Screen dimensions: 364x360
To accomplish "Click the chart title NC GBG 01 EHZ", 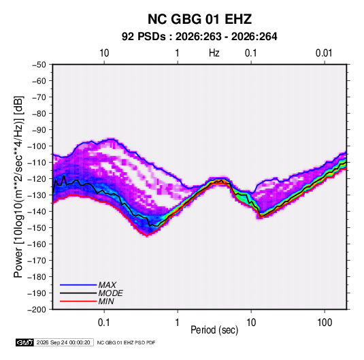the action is (x=199, y=19).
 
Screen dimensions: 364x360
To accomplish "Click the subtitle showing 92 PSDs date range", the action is (x=199, y=37).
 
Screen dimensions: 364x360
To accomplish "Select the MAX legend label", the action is (x=107, y=285).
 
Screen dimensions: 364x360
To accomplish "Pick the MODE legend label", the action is (x=110, y=293).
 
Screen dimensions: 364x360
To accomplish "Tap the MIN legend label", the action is (x=106, y=301).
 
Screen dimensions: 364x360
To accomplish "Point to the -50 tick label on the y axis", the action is (x=39, y=65).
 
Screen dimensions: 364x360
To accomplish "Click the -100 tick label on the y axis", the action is (x=37, y=146).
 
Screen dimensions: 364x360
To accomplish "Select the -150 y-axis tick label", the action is (x=37, y=228).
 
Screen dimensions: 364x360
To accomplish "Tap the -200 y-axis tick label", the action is (x=37, y=310).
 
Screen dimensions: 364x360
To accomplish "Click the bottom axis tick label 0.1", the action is (x=104, y=323).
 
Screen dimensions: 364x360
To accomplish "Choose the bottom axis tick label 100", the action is (x=325, y=323).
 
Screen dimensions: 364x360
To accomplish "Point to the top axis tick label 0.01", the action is (x=324, y=53).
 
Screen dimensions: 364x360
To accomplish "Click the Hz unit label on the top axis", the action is (x=214, y=53).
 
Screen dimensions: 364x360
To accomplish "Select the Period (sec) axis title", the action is (x=214, y=330).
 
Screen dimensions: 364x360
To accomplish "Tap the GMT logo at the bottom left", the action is (x=25, y=342).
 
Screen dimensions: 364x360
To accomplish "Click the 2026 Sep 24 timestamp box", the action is (x=63, y=342).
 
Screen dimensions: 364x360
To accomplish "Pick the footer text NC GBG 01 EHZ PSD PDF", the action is (x=126, y=343).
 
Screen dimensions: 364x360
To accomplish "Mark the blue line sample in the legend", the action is (x=78, y=285).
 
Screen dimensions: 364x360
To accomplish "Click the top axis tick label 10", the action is (x=104, y=53).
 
